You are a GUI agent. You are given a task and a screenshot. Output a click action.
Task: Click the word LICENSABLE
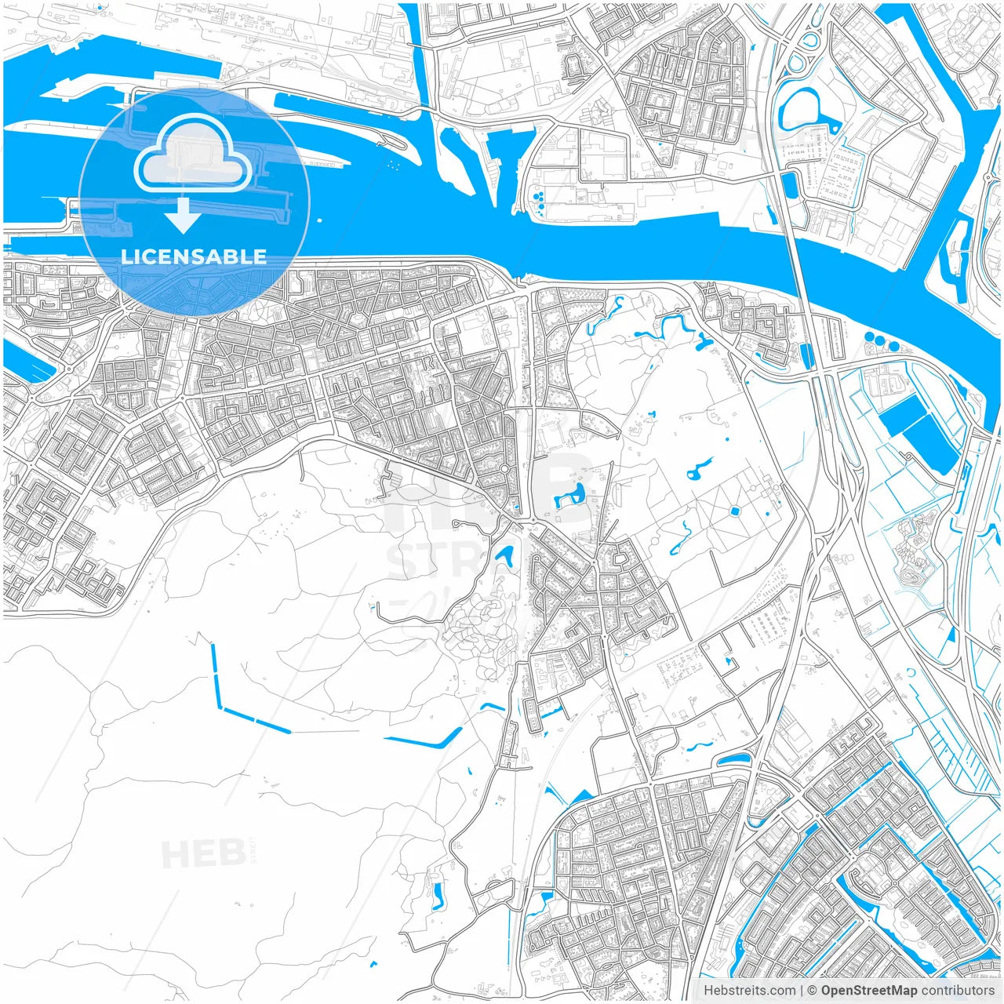[x=194, y=256]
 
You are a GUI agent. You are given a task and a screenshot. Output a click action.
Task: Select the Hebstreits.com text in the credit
[x=749, y=991]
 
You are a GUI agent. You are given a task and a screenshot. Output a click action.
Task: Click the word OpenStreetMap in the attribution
[x=868, y=991]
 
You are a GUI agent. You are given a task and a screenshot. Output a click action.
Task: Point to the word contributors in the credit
[x=957, y=991]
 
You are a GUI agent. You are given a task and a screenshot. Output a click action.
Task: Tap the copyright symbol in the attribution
[x=813, y=991]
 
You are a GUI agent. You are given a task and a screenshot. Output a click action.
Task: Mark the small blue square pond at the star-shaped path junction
[x=735, y=511]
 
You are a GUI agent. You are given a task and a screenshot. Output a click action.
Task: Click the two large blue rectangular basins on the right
[x=918, y=432]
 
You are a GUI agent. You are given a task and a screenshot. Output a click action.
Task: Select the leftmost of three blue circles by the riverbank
[x=869, y=339]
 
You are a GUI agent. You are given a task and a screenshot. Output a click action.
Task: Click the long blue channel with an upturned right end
[x=424, y=740]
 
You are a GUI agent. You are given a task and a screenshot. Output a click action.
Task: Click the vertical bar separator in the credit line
[x=801, y=991]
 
